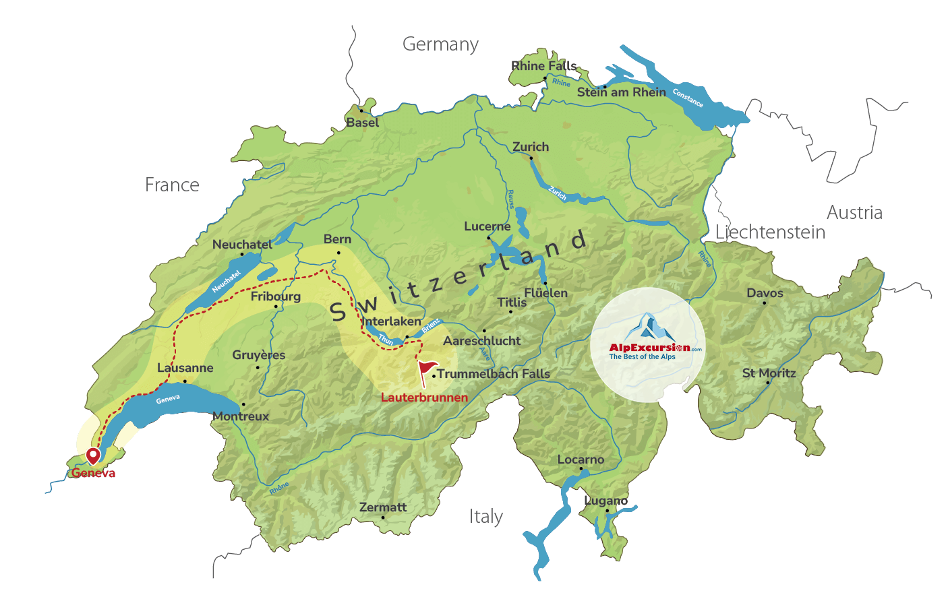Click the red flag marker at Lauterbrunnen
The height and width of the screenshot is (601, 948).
point(427,369)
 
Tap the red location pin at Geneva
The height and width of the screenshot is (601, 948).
point(93,455)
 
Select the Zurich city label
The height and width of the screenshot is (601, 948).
point(531,147)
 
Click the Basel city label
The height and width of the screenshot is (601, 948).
point(363,123)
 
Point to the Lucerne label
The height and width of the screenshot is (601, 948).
point(487,226)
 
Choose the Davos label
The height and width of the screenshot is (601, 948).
point(765,293)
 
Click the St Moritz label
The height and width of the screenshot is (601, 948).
point(769,373)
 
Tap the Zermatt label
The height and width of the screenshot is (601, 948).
point(383,507)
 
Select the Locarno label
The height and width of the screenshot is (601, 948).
point(581,460)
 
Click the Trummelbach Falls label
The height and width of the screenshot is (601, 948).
point(494,374)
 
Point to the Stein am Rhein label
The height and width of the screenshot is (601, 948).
point(621,92)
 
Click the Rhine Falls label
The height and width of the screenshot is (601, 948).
point(543,66)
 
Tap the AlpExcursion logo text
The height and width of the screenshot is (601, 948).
point(649,348)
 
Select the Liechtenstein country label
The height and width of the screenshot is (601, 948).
point(770,232)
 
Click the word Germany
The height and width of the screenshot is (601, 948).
point(440,44)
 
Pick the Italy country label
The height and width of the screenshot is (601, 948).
point(486,517)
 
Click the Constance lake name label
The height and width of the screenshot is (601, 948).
point(688,98)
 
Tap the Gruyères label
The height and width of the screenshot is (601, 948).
point(258,355)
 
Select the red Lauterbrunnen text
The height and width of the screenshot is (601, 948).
point(424,398)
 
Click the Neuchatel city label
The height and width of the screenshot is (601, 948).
point(242,245)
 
